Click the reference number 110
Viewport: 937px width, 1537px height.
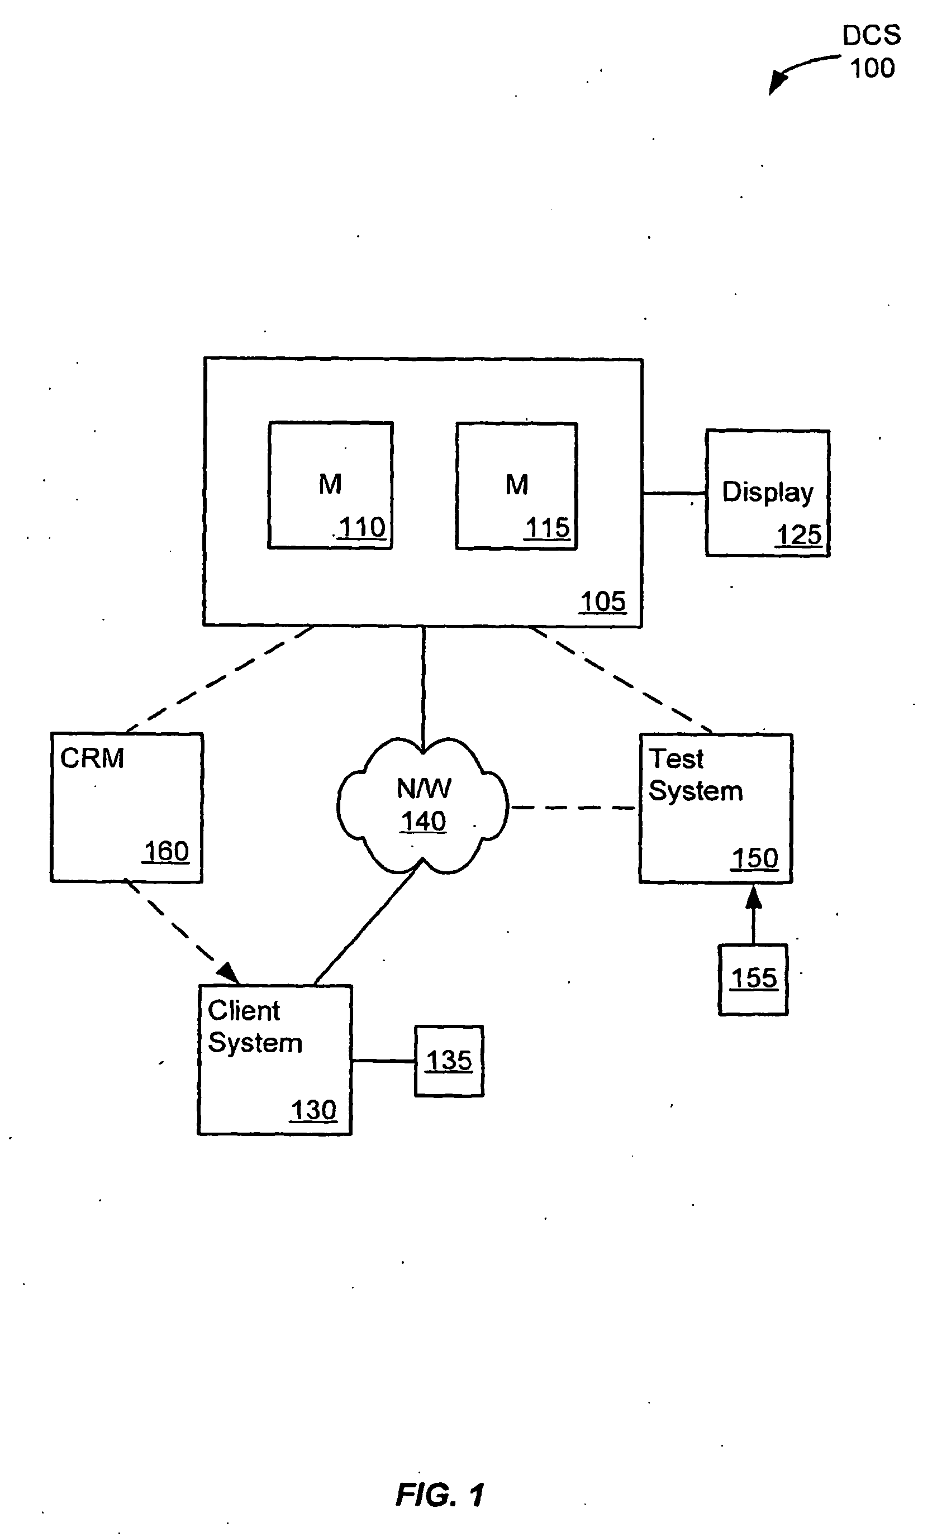coord(363,528)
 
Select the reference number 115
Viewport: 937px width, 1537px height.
coord(548,528)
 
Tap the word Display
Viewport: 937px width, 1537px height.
coord(768,493)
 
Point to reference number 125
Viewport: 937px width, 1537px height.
coord(799,535)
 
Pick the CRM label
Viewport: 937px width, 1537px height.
coord(92,758)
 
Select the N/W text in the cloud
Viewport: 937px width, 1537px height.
coord(424,789)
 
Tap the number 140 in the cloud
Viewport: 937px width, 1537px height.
coord(424,822)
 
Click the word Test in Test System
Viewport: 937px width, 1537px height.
coord(676,759)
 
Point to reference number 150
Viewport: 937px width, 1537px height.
coord(755,859)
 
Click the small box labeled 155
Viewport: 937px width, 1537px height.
coord(753,980)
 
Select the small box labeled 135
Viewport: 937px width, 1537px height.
coord(449,1061)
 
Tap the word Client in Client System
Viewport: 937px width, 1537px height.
coord(244,1010)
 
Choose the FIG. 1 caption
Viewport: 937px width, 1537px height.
coord(440,1495)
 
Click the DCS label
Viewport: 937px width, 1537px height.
coord(872,36)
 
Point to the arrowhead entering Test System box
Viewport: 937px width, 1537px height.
coord(754,896)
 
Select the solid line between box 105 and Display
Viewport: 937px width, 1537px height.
coord(674,493)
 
